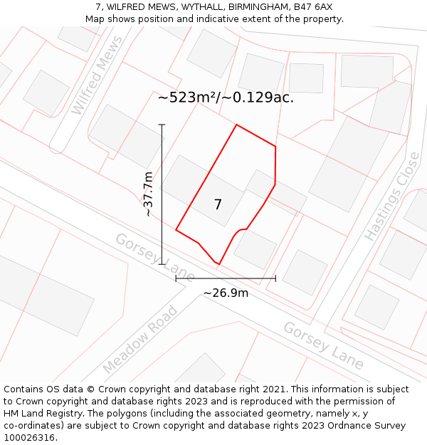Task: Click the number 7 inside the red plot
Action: tap(218, 205)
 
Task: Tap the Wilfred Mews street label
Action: tap(97, 86)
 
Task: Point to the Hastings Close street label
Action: tap(391, 196)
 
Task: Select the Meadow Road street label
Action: tap(140, 340)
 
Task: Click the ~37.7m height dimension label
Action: tap(147, 194)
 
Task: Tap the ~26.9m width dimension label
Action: tap(226, 293)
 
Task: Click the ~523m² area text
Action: tap(188, 98)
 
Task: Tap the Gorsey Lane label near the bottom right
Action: tap(323, 345)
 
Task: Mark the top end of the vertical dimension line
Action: tap(162, 125)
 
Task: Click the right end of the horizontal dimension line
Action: tap(275, 278)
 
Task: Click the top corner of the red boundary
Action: tap(236, 125)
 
